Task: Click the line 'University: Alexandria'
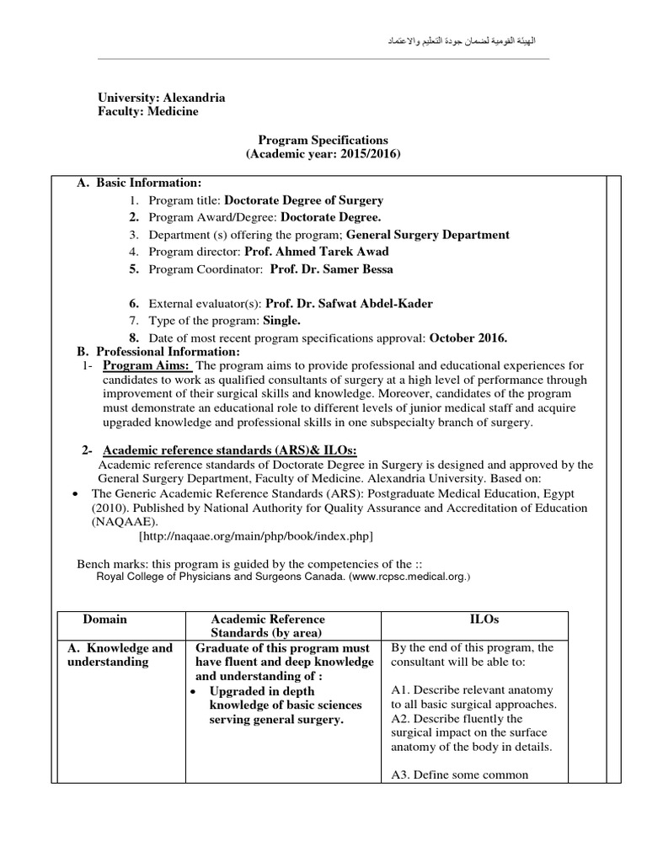point(162,98)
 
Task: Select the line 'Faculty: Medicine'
point(148,112)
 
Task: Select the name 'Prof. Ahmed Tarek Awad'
point(317,252)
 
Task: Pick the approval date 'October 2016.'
point(468,338)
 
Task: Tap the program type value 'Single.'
point(281,321)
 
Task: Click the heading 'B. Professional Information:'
point(158,351)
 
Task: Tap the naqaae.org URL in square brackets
point(255,535)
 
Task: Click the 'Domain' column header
point(105,619)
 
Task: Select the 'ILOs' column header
point(484,619)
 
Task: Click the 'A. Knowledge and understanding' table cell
point(120,655)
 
